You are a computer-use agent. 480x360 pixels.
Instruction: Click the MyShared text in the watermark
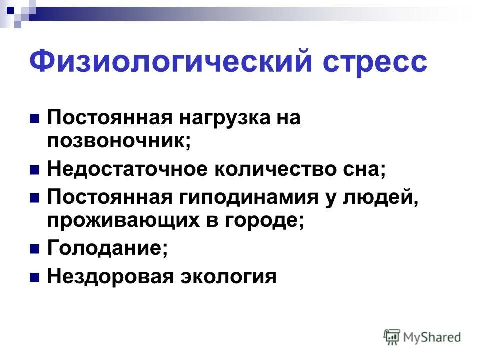point(432,337)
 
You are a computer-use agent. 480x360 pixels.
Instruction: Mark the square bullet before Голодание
point(35,249)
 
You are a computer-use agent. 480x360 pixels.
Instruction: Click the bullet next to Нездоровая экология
point(35,276)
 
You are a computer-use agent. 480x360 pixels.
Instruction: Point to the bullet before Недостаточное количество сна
point(35,170)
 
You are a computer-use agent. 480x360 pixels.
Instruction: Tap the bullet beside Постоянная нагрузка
point(35,119)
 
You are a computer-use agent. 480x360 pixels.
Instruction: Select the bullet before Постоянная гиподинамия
point(35,197)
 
